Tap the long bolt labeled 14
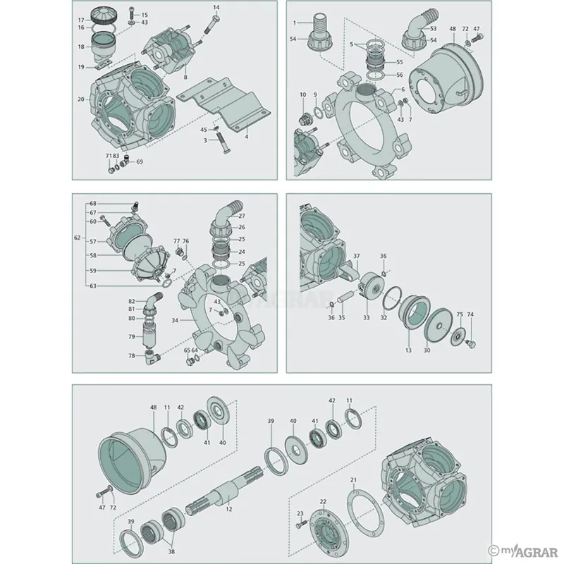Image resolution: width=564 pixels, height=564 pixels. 213,25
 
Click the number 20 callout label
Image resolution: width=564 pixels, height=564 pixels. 80,99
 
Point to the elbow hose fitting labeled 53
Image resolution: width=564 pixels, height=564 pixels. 421,25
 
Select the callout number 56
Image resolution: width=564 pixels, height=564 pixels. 400,75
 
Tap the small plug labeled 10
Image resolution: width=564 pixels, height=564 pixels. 305,116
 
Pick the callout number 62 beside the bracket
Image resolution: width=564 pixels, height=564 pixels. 78,238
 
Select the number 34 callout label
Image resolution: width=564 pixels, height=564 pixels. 175,320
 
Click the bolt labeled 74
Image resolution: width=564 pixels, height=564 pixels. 471,345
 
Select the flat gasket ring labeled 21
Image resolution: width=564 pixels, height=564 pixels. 365,513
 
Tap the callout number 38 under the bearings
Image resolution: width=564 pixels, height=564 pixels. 172,551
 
